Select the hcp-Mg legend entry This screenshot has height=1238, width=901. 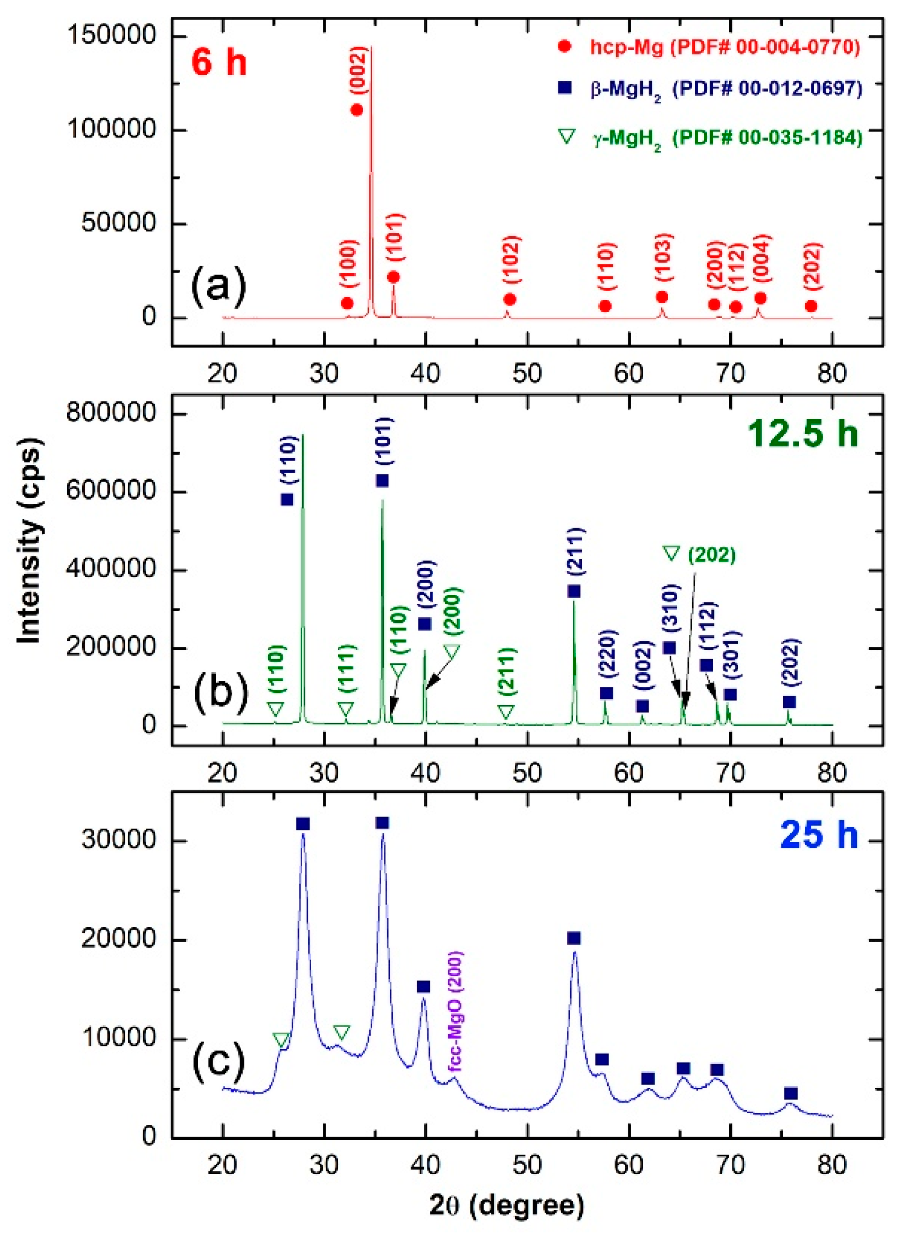coord(725,47)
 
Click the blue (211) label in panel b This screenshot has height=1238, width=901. coord(576,551)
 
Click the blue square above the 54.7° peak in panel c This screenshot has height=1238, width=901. coord(573,938)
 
